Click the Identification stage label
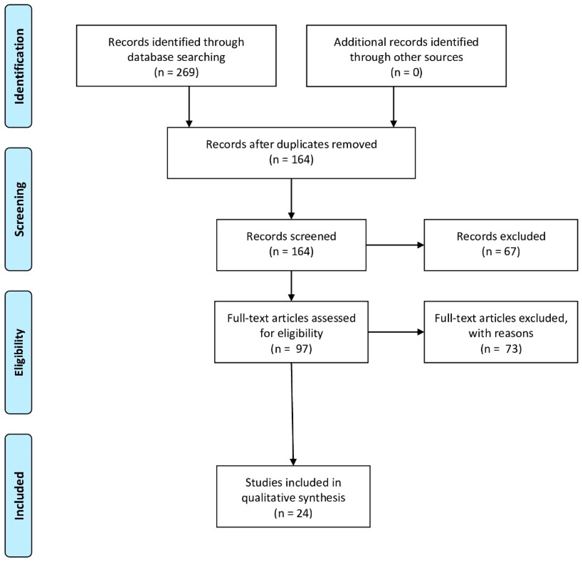pyautogui.click(x=19, y=66)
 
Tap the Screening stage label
pyautogui.click(x=19, y=209)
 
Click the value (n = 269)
pyautogui.click(x=176, y=72)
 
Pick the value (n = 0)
pyautogui.click(x=406, y=72)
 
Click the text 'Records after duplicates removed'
pyautogui.click(x=291, y=144)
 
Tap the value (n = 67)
pyautogui.click(x=501, y=252)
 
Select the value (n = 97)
pyautogui.click(x=291, y=349)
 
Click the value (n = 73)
pyautogui.click(x=501, y=349)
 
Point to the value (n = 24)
pyautogui.click(x=293, y=513)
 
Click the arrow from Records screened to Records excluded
pyautogui.click(x=395, y=245)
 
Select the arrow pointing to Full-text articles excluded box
pyautogui.click(x=395, y=332)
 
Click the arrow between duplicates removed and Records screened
pyautogui.click(x=291, y=198)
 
